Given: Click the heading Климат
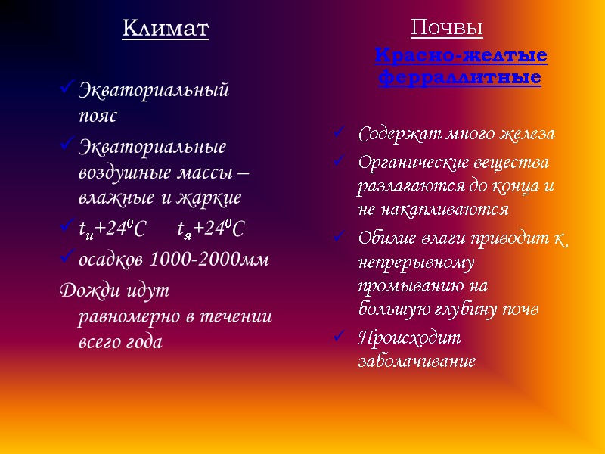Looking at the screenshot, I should click(165, 30).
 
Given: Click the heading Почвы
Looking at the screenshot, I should click(447, 29).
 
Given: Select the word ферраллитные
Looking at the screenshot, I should click(460, 78).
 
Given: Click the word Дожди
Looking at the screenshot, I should click(85, 290).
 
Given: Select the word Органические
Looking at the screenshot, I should click(414, 162).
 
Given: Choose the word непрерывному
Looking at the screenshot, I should click(416, 263).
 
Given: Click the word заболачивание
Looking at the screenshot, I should click(417, 361).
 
